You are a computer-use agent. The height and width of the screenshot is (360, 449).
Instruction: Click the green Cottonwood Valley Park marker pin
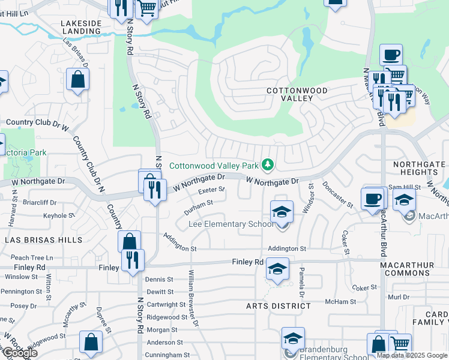(270, 164)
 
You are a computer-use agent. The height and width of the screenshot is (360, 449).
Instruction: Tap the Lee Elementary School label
(231, 224)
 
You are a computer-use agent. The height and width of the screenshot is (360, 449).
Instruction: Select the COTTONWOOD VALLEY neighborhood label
(298, 94)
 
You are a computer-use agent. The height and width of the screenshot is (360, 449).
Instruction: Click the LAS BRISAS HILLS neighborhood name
(43, 239)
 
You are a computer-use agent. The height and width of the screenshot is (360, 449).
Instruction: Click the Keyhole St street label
(59, 215)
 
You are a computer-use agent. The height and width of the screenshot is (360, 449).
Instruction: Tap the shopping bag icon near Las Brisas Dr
(78, 79)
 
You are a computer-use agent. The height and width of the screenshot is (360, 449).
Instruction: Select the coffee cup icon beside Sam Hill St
(373, 199)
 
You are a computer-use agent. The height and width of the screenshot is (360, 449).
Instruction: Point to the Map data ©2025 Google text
(412, 355)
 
